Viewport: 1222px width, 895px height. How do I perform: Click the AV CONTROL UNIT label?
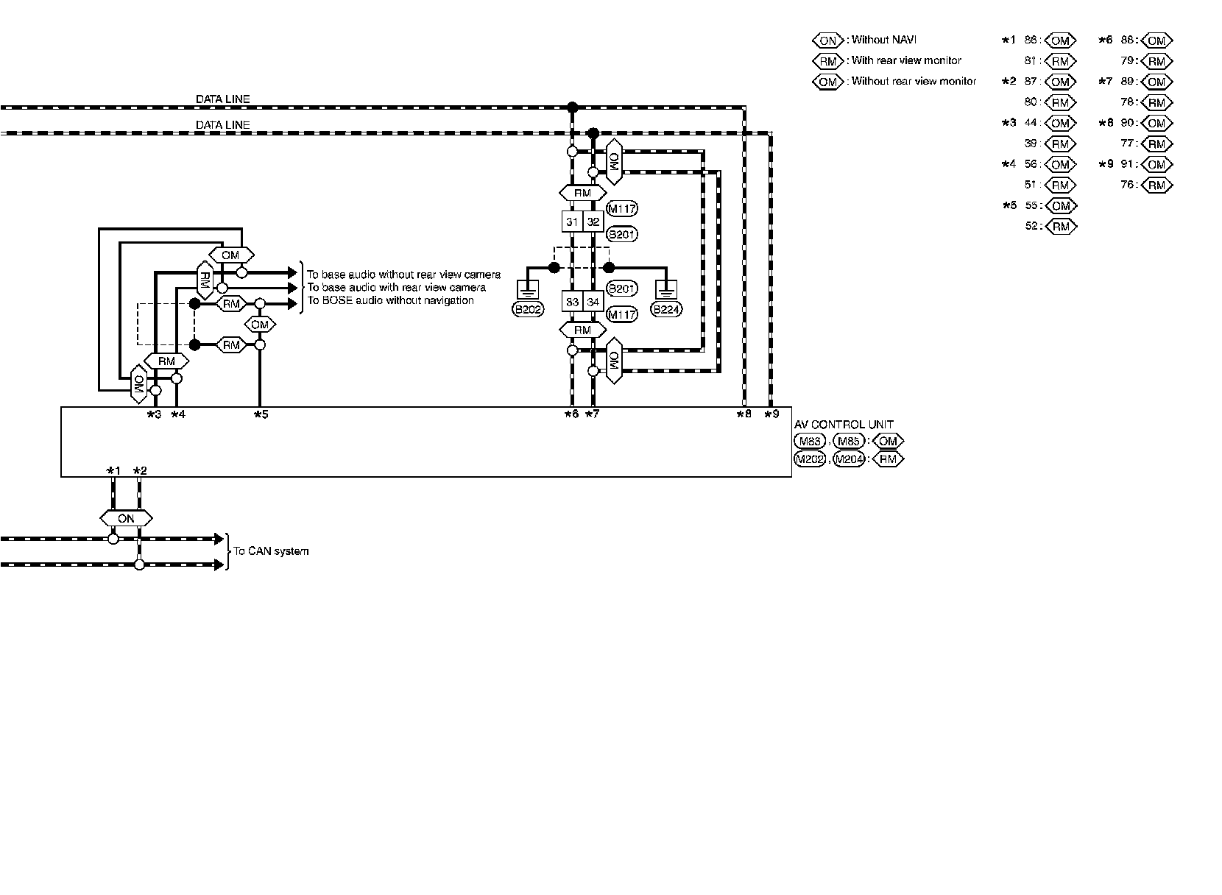(844, 425)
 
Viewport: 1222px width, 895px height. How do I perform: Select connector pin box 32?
(593, 222)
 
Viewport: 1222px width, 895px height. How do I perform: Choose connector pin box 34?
(593, 301)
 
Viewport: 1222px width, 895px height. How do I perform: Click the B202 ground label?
(527, 310)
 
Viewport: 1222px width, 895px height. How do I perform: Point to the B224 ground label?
(666, 310)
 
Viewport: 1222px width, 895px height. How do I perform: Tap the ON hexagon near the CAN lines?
(126, 518)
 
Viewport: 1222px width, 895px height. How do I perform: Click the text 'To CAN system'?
(271, 551)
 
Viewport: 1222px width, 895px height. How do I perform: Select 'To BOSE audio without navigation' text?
(390, 300)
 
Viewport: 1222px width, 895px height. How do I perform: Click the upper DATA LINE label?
(222, 99)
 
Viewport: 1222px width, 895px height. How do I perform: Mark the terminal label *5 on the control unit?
(261, 414)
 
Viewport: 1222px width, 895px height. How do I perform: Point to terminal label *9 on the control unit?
(771, 414)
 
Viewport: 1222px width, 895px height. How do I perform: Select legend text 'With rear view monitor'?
(906, 60)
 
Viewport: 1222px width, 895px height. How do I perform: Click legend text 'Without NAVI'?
(883, 40)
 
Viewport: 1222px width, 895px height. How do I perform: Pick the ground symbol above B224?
(666, 289)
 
